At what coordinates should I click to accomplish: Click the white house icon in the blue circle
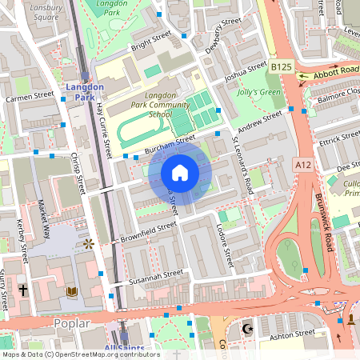180,173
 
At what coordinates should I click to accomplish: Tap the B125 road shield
281,68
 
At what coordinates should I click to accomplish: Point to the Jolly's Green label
260,93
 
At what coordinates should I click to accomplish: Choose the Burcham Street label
170,145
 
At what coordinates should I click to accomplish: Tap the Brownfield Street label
148,232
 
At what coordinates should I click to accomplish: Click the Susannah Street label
147,278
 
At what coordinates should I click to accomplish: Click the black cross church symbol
23,290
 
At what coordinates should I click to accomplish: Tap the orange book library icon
72,291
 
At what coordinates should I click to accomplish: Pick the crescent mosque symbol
246,329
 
